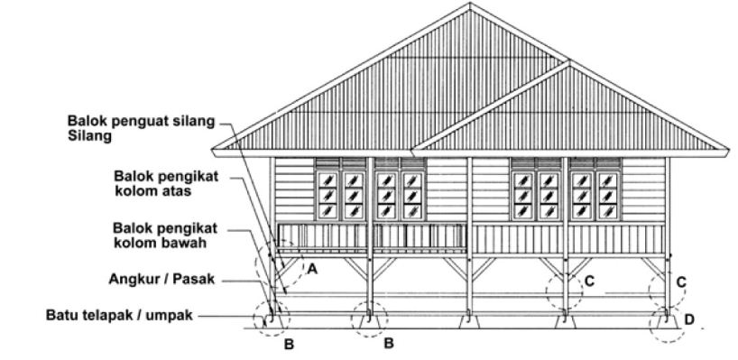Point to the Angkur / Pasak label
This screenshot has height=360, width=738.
[169, 280]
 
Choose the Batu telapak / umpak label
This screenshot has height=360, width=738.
[121, 316]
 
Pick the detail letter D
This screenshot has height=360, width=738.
[690, 318]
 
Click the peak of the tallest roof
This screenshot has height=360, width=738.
[470, 5]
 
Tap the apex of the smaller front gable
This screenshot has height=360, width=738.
[567, 63]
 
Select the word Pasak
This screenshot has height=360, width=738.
[196, 280]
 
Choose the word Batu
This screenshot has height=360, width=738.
[60, 316]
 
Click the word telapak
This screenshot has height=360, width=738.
[106, 316]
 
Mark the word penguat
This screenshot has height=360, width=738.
[140, 122]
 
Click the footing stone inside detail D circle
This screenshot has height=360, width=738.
[666, 318]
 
